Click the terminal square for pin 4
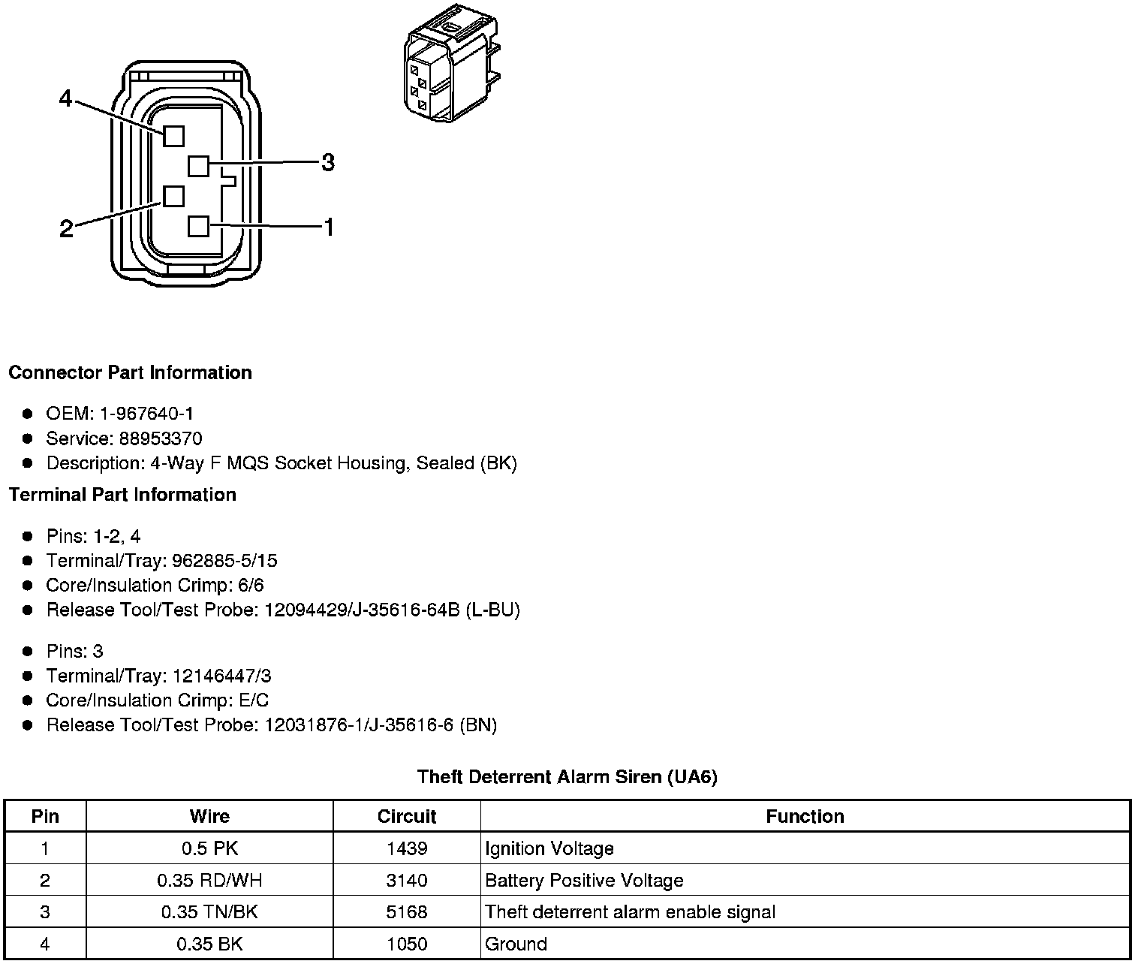[x=173, y=136]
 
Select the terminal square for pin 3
[x=198, y=165]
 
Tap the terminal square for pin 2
[x=173, y=196]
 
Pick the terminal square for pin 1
[x=198, y=226]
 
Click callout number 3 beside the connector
[x=328, y=162]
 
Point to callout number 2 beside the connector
[x=66, y=228]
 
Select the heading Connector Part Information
[x=130, y=373]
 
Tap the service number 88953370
[x=161, y=438]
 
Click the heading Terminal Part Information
[x=122, y=495]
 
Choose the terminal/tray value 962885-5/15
[x=224, y=561]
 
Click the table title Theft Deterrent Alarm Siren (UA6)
[x=567, y=777]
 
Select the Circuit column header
[x=407, y=816]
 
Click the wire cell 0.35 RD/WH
[x=209, y=881]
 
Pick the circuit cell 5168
[x=407, y=912]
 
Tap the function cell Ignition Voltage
[x=549, y=849]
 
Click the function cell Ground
[x=516, y=944]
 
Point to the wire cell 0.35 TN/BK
[x=209, y=912]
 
